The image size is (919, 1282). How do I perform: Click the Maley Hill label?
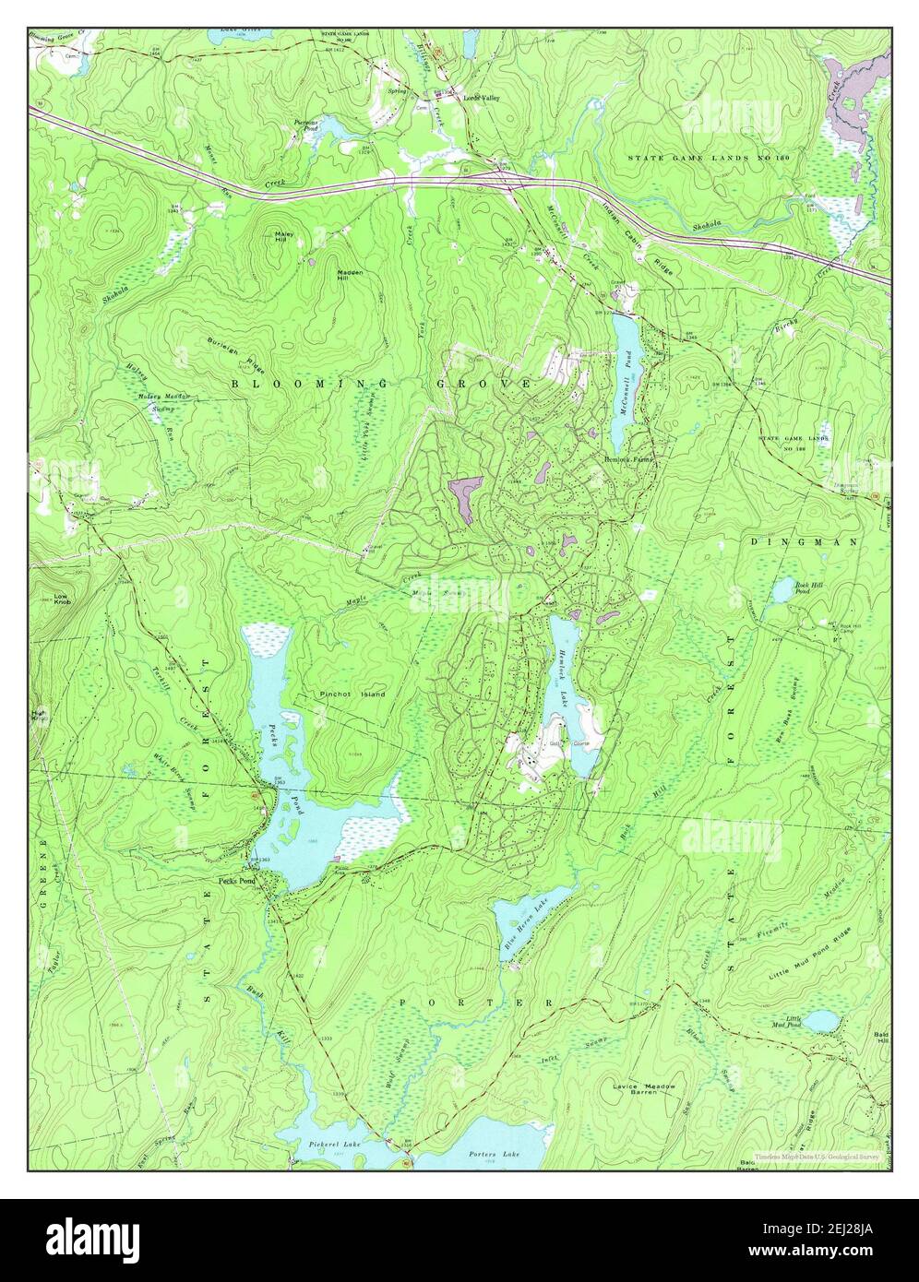(283, 237)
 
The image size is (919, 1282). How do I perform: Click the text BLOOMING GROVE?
(380, 382)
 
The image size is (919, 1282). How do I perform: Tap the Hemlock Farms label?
(628, 458)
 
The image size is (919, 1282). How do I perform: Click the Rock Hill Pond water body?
(783, 588)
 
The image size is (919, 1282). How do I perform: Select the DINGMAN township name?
(804, 541)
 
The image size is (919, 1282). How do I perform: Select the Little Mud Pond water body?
(819, 1021)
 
